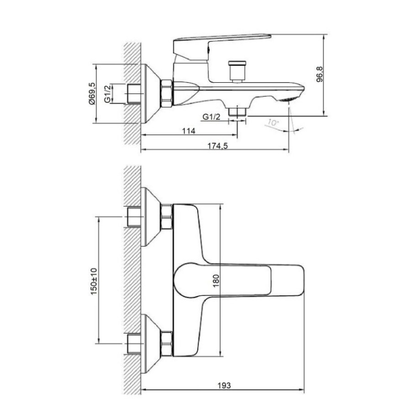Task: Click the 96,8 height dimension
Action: click(320, 74)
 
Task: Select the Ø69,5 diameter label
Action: click(92, 94)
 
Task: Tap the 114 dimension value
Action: click(189, 131)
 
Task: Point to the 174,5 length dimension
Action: click(218, 146)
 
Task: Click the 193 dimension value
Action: click(224, 385)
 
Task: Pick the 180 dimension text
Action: click(216, 280)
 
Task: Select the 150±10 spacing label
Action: click(94, 281)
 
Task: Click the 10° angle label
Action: click(274, 122)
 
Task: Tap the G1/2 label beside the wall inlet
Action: click(108, 94)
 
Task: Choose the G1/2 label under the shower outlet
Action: click(211, 117)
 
